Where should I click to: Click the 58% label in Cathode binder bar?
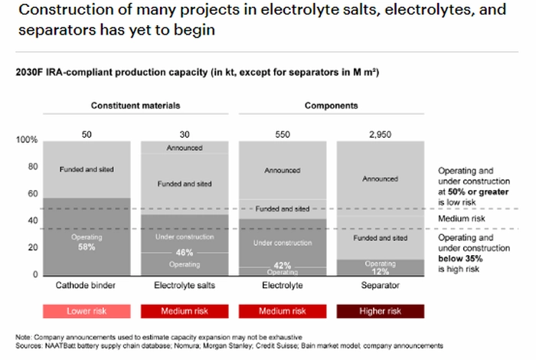click(x=87, y=247)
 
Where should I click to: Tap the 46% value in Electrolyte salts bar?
click(x=185, y=253)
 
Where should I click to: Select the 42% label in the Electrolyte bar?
click(x=283, y=265)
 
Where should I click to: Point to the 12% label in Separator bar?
click(x=380, y=272)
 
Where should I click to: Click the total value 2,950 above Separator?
click(x=380, y=134)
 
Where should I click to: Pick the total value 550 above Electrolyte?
click(x=283, y=134)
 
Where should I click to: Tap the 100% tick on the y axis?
click(x=27, y=139)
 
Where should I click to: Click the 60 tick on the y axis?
click(x=33, y=194)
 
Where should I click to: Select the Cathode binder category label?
click(x=86, y=285)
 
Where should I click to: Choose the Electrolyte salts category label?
click(x=185, y=285)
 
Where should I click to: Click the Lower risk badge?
click(x=87, y=311)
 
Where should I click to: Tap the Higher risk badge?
click(x=381, y=311)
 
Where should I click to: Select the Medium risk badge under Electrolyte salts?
click(x=185, y=311)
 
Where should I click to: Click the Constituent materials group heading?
click(x=136, y=106)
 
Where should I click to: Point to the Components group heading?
click(x=332, y=106)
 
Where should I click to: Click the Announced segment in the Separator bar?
click(x=381, y=178)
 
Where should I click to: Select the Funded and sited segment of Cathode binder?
click(x=87, y=169)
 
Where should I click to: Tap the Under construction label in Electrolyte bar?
click(x=283, y=243)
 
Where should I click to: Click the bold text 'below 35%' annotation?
click(x=460, y=258)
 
